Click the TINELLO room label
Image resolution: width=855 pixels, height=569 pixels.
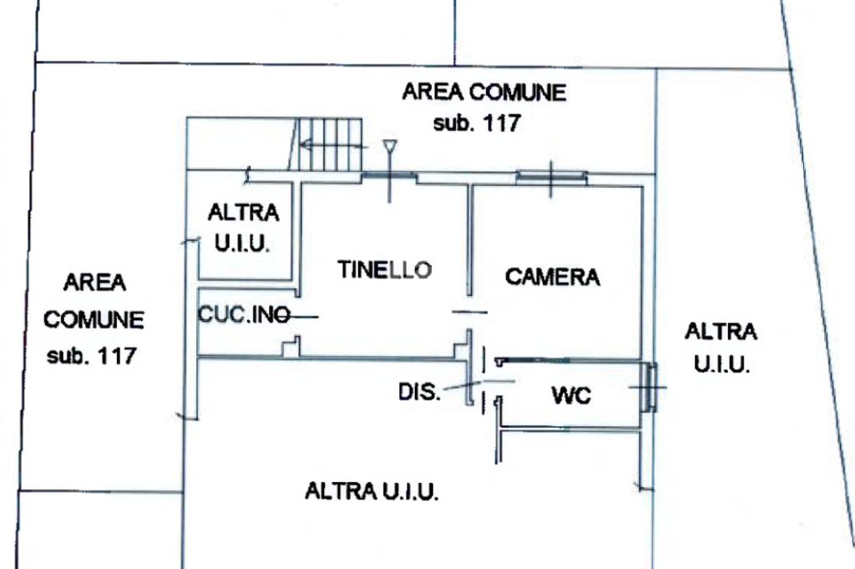pos(385,269)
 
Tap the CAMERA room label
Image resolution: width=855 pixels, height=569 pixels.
pos(552,276)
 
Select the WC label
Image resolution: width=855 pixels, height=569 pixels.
pos(571,395)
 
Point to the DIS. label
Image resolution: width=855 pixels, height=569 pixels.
pos(419,391)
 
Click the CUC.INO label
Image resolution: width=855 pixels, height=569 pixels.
pos(244,315)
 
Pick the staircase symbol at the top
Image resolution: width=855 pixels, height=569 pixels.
pos(331,144)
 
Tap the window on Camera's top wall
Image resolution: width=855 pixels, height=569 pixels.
pos(550,177)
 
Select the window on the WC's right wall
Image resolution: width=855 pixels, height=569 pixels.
pos(650,387)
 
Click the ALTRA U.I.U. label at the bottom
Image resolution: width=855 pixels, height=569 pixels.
pos(372,491)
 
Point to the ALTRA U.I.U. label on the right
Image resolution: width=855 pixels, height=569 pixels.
pos(721,347)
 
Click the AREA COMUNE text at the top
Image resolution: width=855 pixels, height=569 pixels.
pos(483,92)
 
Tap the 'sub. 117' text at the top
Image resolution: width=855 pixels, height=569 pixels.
pos(477,123)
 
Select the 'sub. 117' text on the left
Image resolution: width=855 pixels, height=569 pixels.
pos(91,355)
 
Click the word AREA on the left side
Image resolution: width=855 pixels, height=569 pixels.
pos(94,283)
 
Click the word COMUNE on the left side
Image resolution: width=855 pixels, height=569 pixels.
pos(94,320)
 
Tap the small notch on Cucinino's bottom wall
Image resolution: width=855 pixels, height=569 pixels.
pos(291,347)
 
